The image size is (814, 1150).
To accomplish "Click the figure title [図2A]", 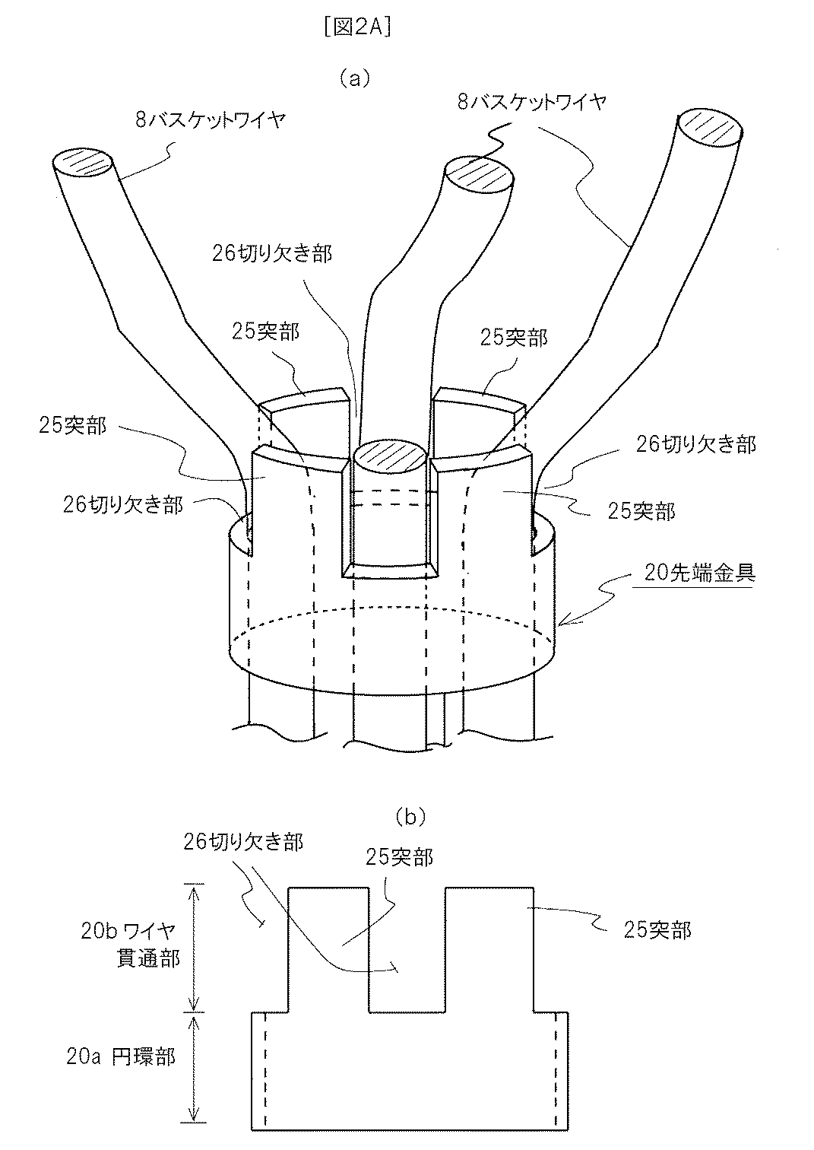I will coord(356,27).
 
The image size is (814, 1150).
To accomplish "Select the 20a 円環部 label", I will coord(121,1056).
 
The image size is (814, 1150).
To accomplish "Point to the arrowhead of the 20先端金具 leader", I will coord(562,622).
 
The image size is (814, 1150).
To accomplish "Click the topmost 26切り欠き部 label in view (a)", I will coord(271,253).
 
